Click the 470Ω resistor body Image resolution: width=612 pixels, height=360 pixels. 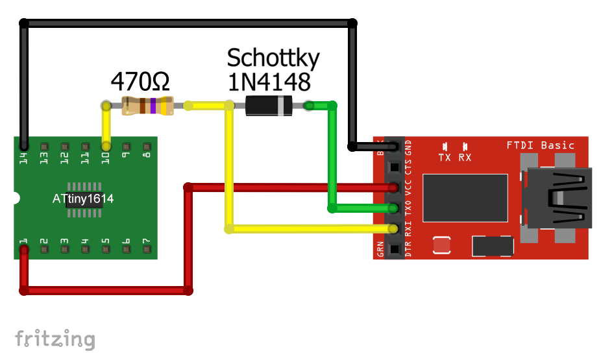(x=147, y=105)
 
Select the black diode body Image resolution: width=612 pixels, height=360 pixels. (x=269, y=105)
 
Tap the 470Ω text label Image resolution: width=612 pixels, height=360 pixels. (x=140, y=82)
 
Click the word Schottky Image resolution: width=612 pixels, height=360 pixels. (x=273, y=58)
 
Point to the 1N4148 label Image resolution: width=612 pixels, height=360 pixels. (x=268, y=82)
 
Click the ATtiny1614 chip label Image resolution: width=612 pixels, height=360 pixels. (x=83, y=198)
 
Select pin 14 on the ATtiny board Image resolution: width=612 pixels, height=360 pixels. (x=24, y=147)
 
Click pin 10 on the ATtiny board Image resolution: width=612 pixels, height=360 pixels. (x=106, y=147)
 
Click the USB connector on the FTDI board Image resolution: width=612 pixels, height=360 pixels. (x=559, y=198)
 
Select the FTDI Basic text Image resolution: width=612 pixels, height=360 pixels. (x=540, y=145)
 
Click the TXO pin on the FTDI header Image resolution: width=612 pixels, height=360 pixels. (x=393, y=208)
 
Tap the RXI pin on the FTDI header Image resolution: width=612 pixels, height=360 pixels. (x=393, y=229)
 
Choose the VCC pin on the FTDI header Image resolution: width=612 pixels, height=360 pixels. (x=393, y=188)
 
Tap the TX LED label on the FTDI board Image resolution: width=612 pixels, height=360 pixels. (x=445, y=157)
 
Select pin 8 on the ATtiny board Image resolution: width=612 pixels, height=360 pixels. (x=147, y=147)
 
